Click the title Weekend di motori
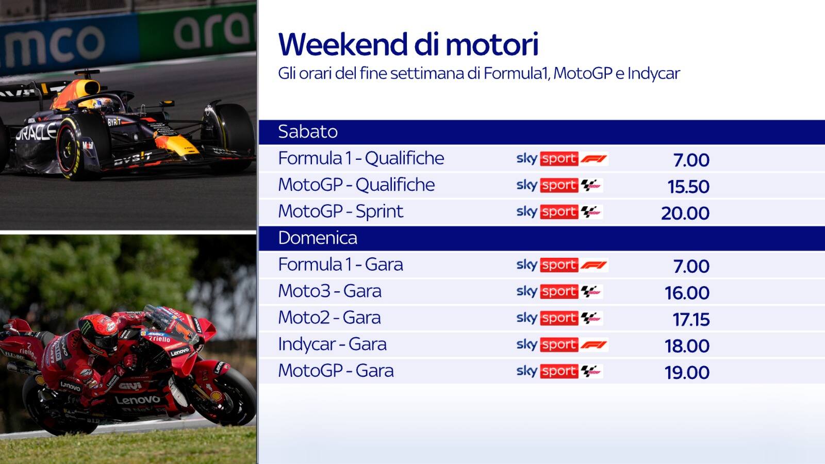(x=408, y=44)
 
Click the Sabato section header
(x=308, y=132)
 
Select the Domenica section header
(x=318, y=238)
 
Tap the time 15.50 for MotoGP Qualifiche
(x=688, y=187)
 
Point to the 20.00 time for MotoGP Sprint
(x=685, y=213)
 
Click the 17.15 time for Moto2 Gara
(x=691, y=320)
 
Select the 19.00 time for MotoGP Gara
(x=687, y=373)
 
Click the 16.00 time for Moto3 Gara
(x=687, y=293)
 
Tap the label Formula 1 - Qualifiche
(x=361, y=158)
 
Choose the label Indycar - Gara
(x=332, y=344)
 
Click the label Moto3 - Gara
(x=329, y=291)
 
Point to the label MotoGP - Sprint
(x=340, y=211)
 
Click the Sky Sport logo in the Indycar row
(x=562, y=344)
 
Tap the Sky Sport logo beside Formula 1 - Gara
(x=562, y=265)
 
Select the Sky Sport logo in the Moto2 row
(x=559, y=318)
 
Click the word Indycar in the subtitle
(x=653, y=74)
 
